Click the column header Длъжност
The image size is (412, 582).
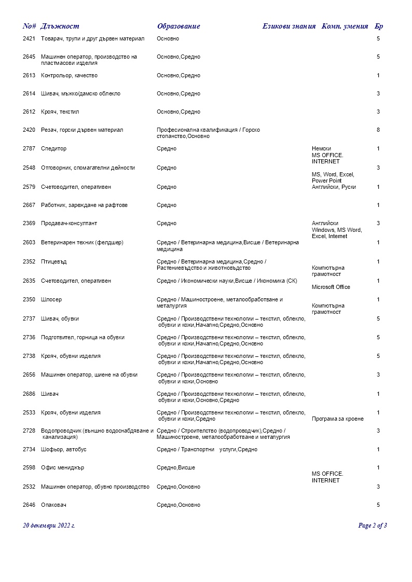(60, 26)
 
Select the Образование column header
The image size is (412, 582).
(178, 26)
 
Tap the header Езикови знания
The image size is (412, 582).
(289, 26)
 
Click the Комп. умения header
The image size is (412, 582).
(345, 26)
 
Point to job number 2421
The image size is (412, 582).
(29, 39)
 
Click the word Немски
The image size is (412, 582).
(321, 149)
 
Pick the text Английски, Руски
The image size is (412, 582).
(334, 187)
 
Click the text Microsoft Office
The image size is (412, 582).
(331, 287)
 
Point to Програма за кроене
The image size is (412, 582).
(337, 419)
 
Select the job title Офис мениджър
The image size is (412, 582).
(62, 468)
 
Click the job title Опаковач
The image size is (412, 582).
(54, 505)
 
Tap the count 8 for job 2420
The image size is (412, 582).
(378, 130)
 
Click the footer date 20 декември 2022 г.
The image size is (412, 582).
(49, 525)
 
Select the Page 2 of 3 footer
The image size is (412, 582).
(373, 525)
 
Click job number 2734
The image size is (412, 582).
(29, 450)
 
